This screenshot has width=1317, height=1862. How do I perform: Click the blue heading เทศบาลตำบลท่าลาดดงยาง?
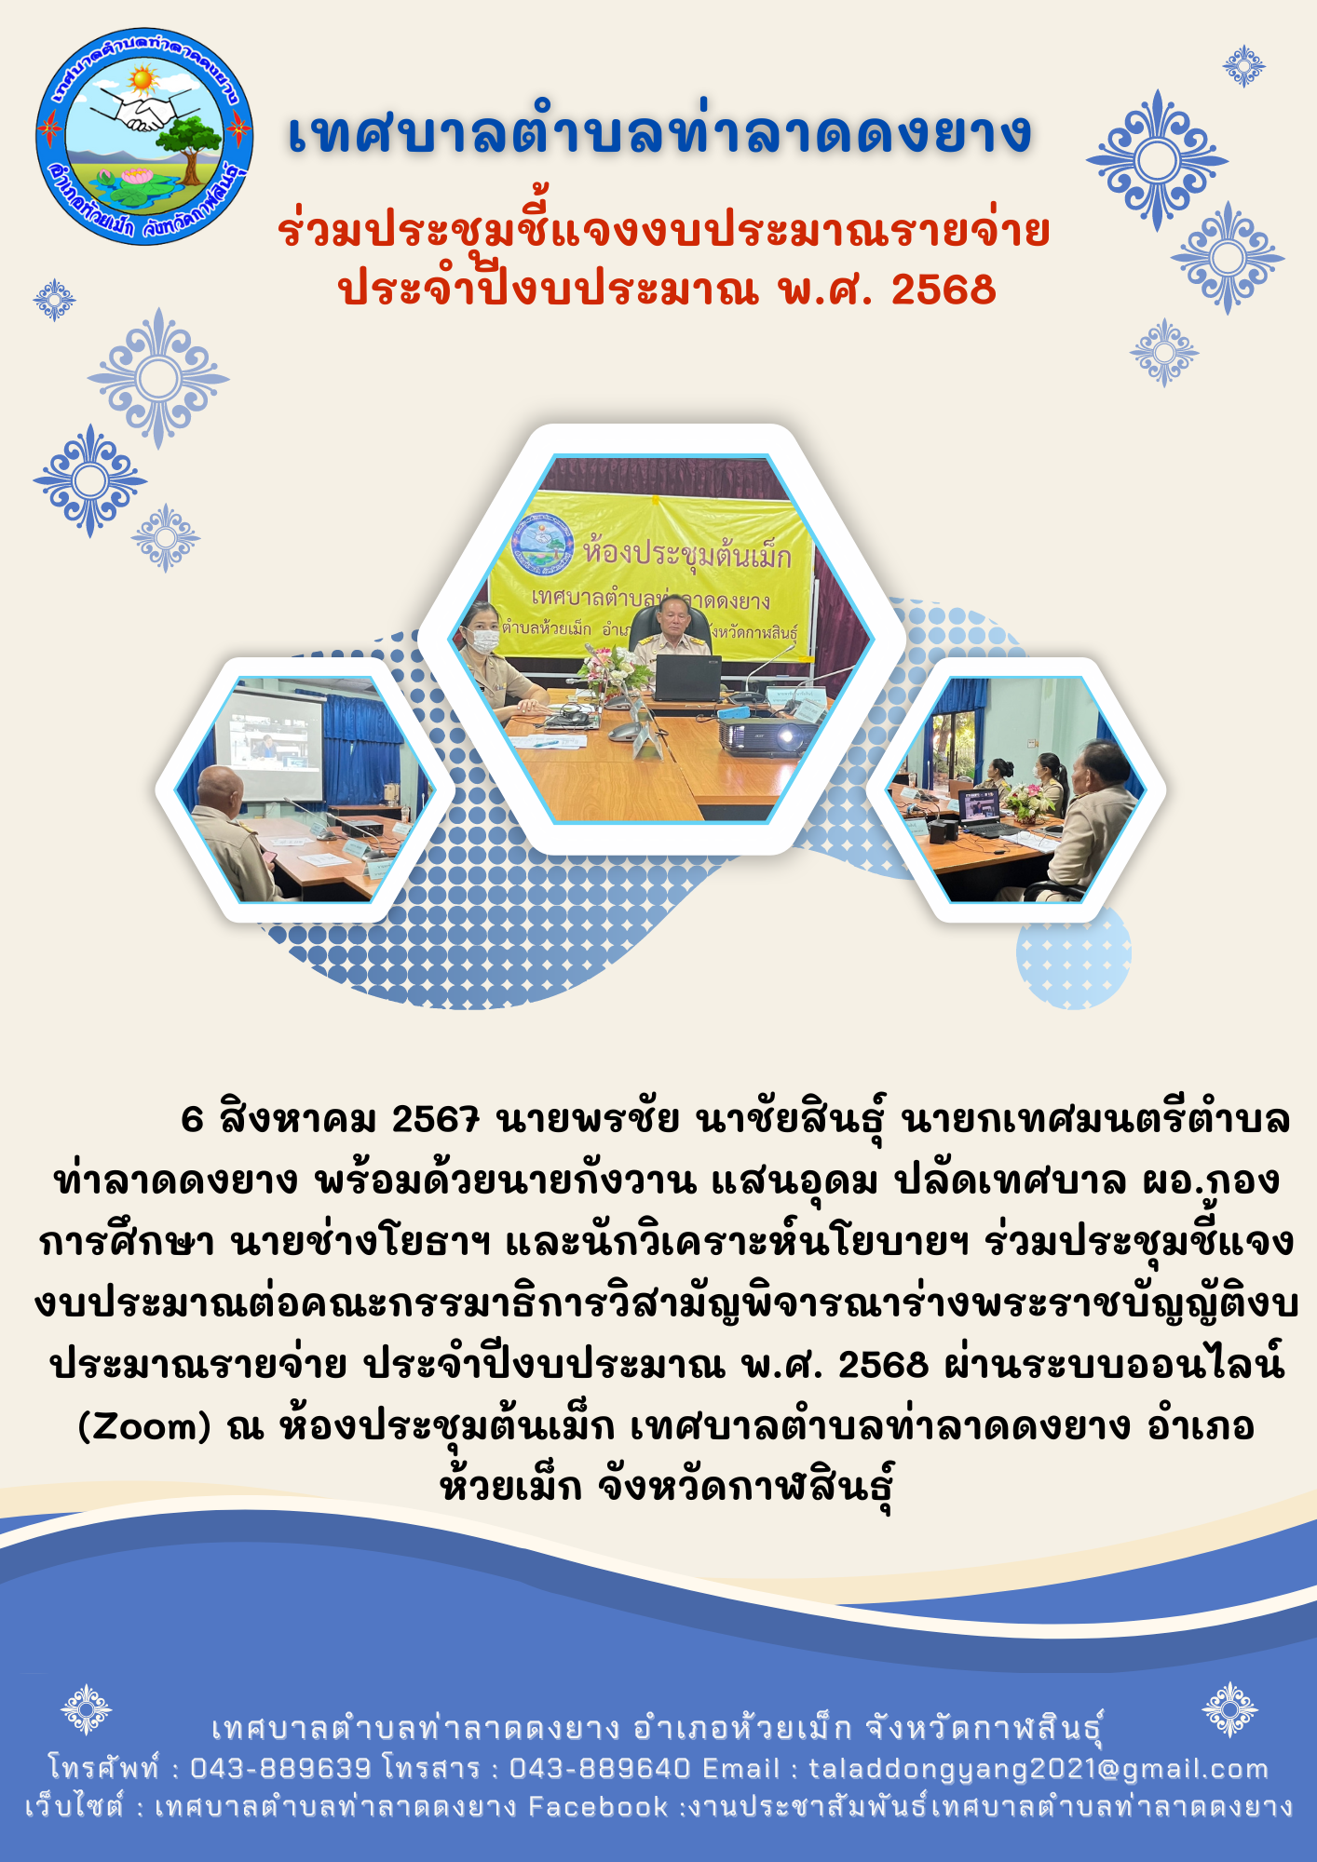pyautogui.click(x=659, y=132)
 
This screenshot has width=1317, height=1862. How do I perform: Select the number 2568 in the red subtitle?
pyautogui.click(x=944, y=290)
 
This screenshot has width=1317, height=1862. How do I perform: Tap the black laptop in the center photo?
pyautogui.click(x=687, y=678)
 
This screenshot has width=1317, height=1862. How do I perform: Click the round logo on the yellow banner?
pyautogui.click(x=543, y=546)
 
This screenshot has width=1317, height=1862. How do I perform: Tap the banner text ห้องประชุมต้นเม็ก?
pyautogui.click(x=687, y=554)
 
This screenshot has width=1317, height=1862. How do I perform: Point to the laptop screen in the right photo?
pyautogui.click(x=979, y=806)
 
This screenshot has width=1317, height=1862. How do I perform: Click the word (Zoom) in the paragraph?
pyautogui.click(x=145, y=1425)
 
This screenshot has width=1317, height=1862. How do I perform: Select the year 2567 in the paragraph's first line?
pyautogui.click(x=435, y=1119)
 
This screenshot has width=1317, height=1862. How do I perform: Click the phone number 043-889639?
pyautogui.click(x=280, y=1768)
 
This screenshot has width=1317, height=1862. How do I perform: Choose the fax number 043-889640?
pyautogui.click(x=600, y=1768)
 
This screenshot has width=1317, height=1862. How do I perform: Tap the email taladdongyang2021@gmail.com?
pyautogui.click(x=1039, y=1769)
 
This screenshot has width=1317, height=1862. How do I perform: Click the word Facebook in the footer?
pyautogui.click(x=598, y=1807)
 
